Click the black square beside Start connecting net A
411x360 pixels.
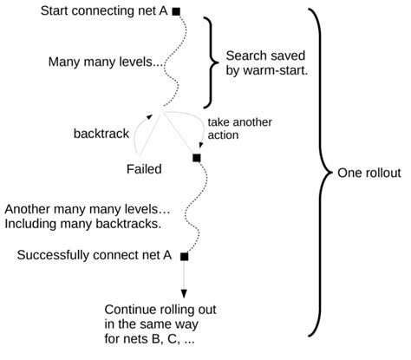tap(176, 11)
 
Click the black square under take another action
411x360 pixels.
tap(196, 157)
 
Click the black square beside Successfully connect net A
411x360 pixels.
tap(184, 256)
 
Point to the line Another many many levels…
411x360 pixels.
tap(87, 209)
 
